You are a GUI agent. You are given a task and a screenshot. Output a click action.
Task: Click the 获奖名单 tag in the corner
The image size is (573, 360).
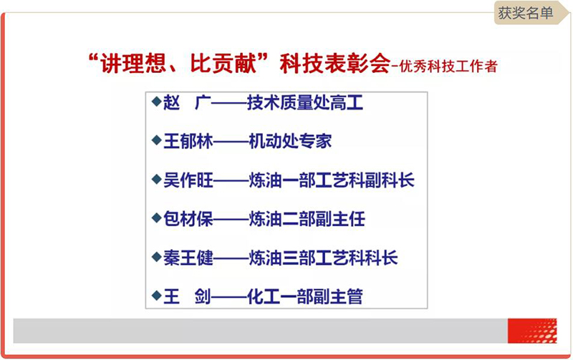click(526, 13)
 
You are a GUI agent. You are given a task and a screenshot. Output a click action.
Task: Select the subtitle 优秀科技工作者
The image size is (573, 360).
click(448, 66)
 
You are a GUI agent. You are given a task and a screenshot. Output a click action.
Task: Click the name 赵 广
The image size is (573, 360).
click(187, 102)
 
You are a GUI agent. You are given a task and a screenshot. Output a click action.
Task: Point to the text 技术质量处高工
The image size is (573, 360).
click(305, 102)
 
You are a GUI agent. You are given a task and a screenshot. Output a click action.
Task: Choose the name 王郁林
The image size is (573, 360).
click(188, 141)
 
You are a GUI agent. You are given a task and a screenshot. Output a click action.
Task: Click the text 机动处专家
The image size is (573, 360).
click(290, 141)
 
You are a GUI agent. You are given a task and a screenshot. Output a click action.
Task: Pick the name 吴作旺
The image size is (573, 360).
click(188, 180)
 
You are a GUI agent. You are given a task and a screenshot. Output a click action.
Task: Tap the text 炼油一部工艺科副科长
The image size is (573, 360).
click(332, 180)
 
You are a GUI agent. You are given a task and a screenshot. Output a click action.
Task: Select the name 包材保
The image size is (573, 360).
click(188, 219)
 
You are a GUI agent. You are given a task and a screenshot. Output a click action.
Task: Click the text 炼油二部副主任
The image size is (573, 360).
click(307, 219)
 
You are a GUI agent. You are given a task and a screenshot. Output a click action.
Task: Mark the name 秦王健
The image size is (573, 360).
click(188, 258)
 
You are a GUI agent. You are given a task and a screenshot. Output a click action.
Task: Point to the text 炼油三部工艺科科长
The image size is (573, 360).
click(324, 258)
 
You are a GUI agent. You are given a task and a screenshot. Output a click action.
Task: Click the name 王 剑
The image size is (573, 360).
click(187, 296)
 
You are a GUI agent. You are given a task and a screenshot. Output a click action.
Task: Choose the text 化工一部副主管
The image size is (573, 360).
click(305, 296)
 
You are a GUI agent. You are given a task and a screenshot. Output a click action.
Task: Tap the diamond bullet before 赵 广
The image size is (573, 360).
click(156, 101)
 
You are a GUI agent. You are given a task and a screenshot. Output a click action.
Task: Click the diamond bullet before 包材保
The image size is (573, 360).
click(156, 218)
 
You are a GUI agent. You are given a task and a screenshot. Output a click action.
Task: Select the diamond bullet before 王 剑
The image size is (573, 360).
click(156, 296)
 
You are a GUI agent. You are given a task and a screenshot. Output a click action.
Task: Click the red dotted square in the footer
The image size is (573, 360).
click(532, 331)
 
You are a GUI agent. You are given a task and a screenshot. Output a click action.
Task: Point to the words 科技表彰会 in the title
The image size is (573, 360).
click(334, 64)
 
